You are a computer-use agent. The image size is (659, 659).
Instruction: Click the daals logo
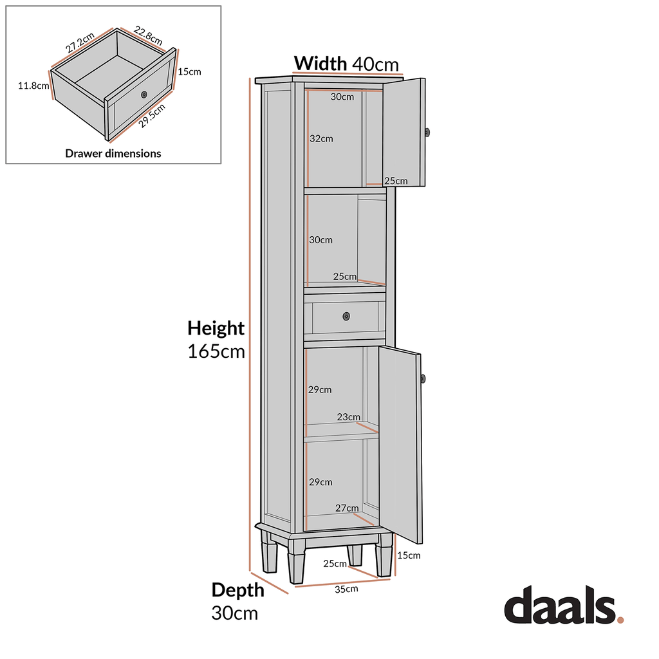[563, 606]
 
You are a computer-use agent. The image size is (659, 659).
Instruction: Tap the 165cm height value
[216, 351]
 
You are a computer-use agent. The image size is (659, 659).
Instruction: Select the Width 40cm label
[346, 63]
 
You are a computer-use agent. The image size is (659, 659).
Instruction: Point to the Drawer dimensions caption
[113, 153]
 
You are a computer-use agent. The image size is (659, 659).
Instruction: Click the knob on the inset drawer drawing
[144, 95]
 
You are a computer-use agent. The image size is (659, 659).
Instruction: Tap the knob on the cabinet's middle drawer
[346, 316]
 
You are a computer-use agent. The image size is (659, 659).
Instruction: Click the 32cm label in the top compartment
[321, 138]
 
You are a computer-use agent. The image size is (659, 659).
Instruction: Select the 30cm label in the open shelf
[321, 239]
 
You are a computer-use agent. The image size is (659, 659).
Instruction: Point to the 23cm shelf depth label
[349, 417]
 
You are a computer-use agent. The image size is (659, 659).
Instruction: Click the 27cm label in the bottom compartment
[347, 508]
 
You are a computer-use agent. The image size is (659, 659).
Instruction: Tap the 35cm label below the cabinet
[346, 588]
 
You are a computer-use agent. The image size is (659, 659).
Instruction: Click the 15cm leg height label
[409, 555]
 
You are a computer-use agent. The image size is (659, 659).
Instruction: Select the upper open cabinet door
[404, 132]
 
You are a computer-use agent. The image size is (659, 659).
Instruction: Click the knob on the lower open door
[423, 378]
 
